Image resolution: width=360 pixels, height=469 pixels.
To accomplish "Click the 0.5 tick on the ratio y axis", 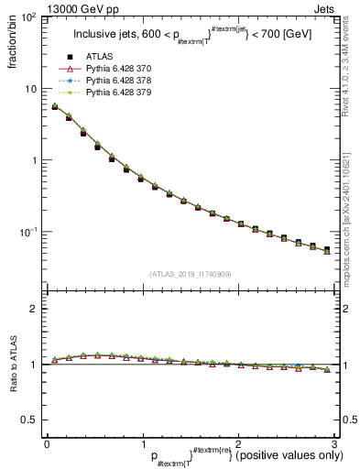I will coord(29,420).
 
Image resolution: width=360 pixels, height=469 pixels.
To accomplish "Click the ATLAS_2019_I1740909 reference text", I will coord(190,274).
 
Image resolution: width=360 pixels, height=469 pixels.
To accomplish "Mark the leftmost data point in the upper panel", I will coord(54,107).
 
